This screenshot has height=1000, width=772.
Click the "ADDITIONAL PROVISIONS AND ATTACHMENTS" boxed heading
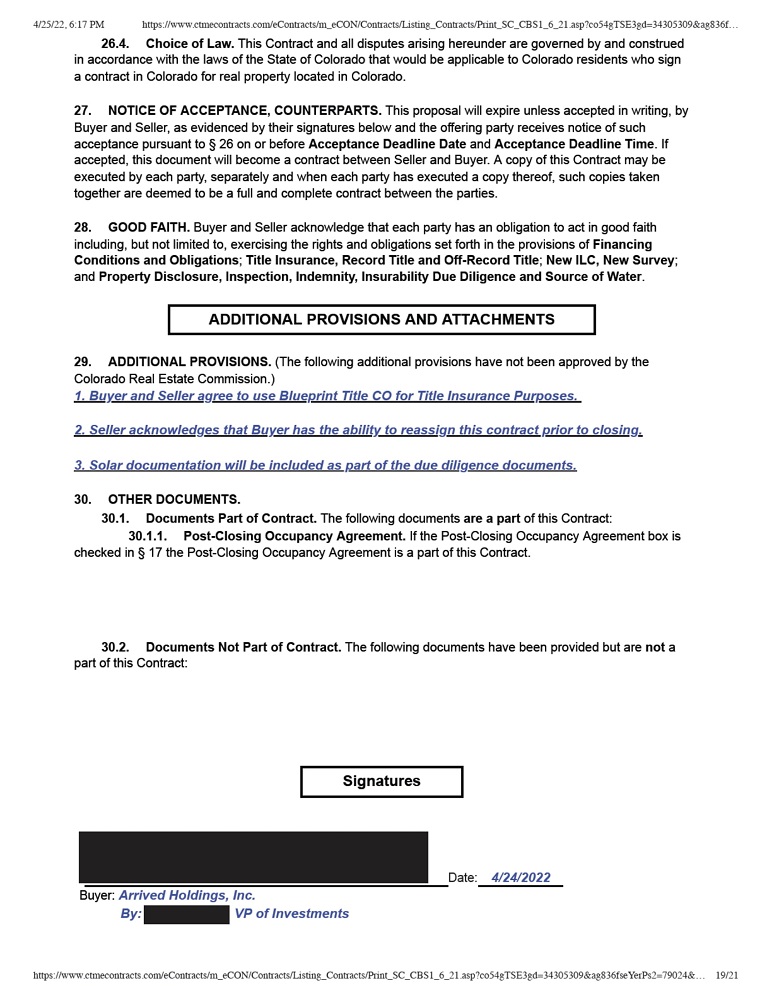pyautogui.click(x=381, y=320)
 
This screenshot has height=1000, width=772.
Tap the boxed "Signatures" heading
pyautogui.click(x=381, y=781)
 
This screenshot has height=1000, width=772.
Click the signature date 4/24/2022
pyautogui.click(x=521, y=878)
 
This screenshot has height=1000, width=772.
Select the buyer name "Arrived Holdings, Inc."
pyautogui.click(x=187, y=896)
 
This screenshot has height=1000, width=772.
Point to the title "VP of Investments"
pyautogui.click(x=292, y=914)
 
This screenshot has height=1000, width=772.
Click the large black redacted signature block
pyautogui.click(x=253, y=857)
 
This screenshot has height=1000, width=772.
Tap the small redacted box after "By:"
pyautogui.click(x=187, y=914)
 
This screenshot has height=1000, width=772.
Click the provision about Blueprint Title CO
pyautogui.click(x=327, y=396)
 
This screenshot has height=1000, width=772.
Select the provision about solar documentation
pyautogui.click(x=325, y=465)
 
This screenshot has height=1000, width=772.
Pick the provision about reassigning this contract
pyautogui.click(x=358, y=430)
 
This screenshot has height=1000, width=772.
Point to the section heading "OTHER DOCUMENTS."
pyautogui.click(x=174, y=499)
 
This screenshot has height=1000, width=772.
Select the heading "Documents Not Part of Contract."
pyautogui.click(x=243, y=648)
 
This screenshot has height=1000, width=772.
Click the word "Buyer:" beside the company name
pyautogui.click(x=97, y=896)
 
